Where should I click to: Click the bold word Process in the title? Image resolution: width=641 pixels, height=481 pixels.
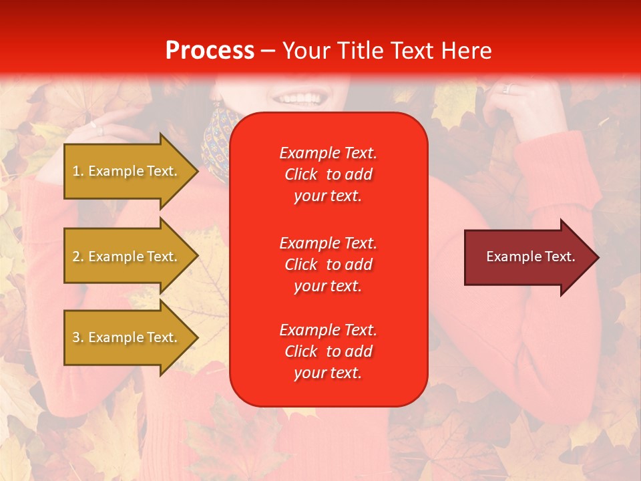tap(210, 51)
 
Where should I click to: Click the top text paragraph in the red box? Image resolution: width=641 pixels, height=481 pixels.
tap(328, 174)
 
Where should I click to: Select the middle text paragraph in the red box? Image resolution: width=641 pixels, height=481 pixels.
tap(328, 265)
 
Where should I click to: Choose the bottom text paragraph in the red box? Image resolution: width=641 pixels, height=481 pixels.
tap(328, 351)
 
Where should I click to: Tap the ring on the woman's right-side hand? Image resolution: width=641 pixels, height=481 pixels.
tap(506, 88)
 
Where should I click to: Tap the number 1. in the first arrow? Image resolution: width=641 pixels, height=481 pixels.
tap(77, 171)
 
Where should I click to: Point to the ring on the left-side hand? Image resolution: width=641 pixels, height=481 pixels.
tap(99, 128)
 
